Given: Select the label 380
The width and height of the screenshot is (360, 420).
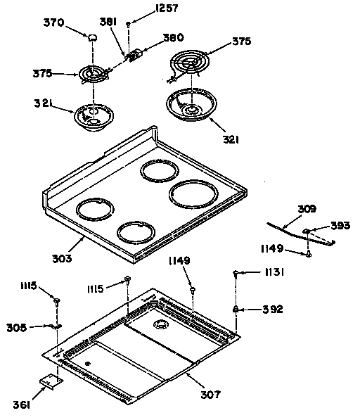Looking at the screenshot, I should pos(172,38).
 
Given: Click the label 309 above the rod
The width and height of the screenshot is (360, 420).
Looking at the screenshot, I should pos(307,209).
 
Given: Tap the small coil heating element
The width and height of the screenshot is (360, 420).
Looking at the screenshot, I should pos(93,73).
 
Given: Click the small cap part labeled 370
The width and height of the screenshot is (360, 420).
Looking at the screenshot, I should pos(92,36).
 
